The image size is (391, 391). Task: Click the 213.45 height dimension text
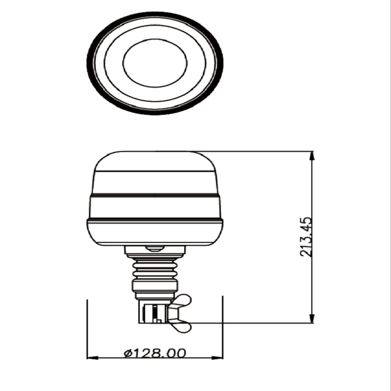(306, 237)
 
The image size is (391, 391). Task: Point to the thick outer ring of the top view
(91, 64)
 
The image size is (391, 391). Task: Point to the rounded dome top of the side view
(155, 161)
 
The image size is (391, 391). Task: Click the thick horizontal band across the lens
(155, 195)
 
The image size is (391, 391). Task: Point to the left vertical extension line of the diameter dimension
(87, 327)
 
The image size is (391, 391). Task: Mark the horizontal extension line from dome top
(254, 151)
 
